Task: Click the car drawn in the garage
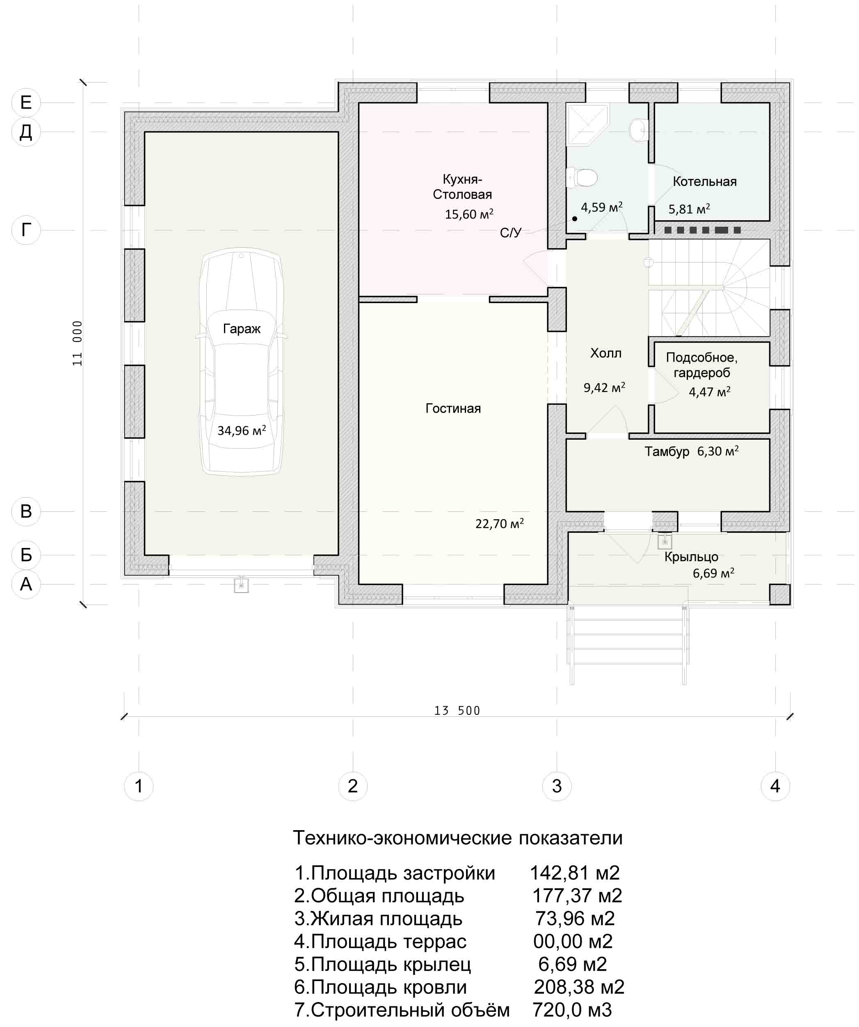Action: point(241,363)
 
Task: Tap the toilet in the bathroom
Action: point(582,177)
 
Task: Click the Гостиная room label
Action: point(453,409)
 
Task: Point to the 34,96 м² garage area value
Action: point(242,430)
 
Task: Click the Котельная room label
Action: point(704,181)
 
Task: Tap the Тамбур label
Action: point(667,452)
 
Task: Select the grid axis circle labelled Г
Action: point(26,230)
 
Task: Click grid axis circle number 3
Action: point(557,786)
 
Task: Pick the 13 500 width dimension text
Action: point(457,711)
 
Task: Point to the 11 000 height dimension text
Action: point(77,343)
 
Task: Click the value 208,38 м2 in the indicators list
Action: point(579,987)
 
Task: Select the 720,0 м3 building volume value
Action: point(572,1009)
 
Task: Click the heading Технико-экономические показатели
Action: point(457,851)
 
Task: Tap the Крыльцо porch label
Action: point(691,557)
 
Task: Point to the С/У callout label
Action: point(511,233)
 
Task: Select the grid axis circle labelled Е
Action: point(26,102)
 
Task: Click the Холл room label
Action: point(605,353)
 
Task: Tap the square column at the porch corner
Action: point(779,594)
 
